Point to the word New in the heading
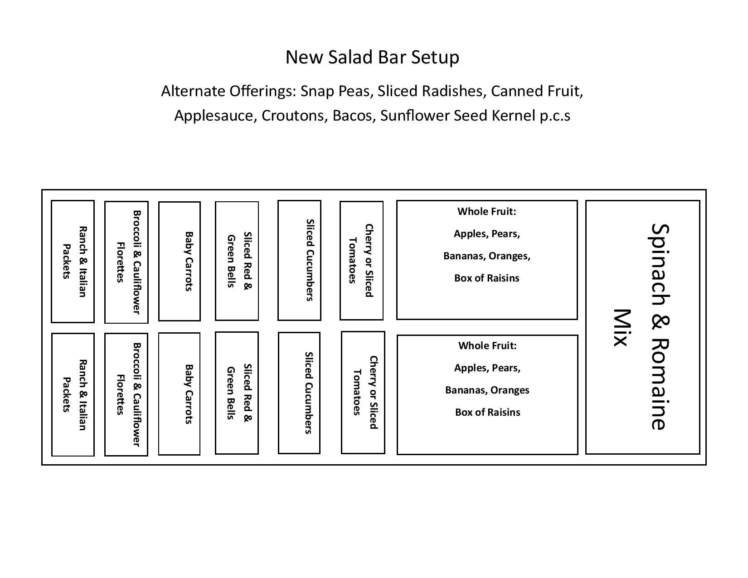304,57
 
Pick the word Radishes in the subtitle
454,91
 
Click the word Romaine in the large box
660,384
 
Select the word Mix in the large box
622,327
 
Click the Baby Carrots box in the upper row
180,261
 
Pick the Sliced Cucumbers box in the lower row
299,393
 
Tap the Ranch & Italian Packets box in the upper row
73,262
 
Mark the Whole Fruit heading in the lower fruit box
487,345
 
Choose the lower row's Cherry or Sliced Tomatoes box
363,393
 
